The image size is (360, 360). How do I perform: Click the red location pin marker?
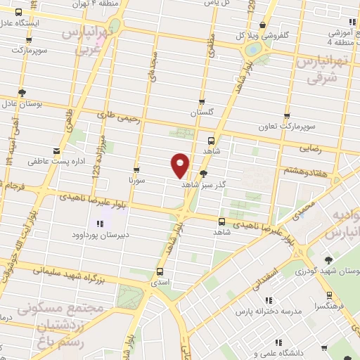[x=180, y=165]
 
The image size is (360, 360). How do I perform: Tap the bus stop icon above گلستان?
[x=202, y=102]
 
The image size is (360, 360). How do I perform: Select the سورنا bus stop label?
[x=136, y=180]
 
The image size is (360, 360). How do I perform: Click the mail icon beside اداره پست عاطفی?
[x=57, y=150]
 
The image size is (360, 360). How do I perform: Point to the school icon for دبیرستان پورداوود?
[x=99, y=224]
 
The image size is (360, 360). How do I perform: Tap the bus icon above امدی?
[x=160, y=271]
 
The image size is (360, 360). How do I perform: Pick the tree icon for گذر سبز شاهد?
[x=204, y=173]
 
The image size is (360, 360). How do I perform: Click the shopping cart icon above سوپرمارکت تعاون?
[x=287, y=116]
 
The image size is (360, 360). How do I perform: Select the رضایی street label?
[x=310, y=148]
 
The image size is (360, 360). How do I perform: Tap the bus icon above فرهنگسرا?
[x=329, y=295]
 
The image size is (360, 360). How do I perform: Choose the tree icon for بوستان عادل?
[x=22, y=92]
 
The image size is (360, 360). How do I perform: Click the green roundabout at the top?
[x=251, y=50]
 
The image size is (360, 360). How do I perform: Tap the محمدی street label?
[x=304, y=207]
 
